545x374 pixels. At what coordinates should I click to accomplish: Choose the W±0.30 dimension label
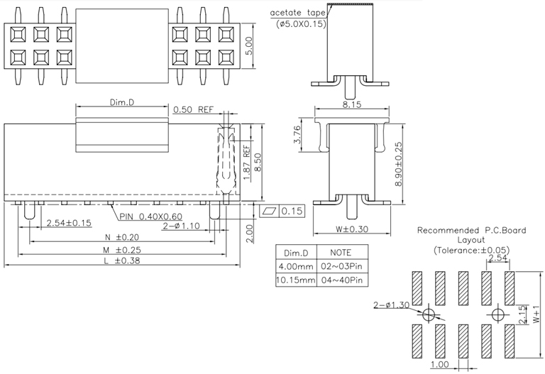tap(353, 229)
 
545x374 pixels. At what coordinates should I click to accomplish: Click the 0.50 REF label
tap(194, 109)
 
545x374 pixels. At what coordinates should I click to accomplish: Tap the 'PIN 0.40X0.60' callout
tap(152, 216)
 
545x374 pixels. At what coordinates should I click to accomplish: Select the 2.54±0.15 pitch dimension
tap(69, 224)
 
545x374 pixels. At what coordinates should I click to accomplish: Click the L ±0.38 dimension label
tap(119, 262)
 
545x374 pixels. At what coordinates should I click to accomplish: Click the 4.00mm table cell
tap(294, 267)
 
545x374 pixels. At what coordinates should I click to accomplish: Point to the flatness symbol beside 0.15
tap(270, 211)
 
